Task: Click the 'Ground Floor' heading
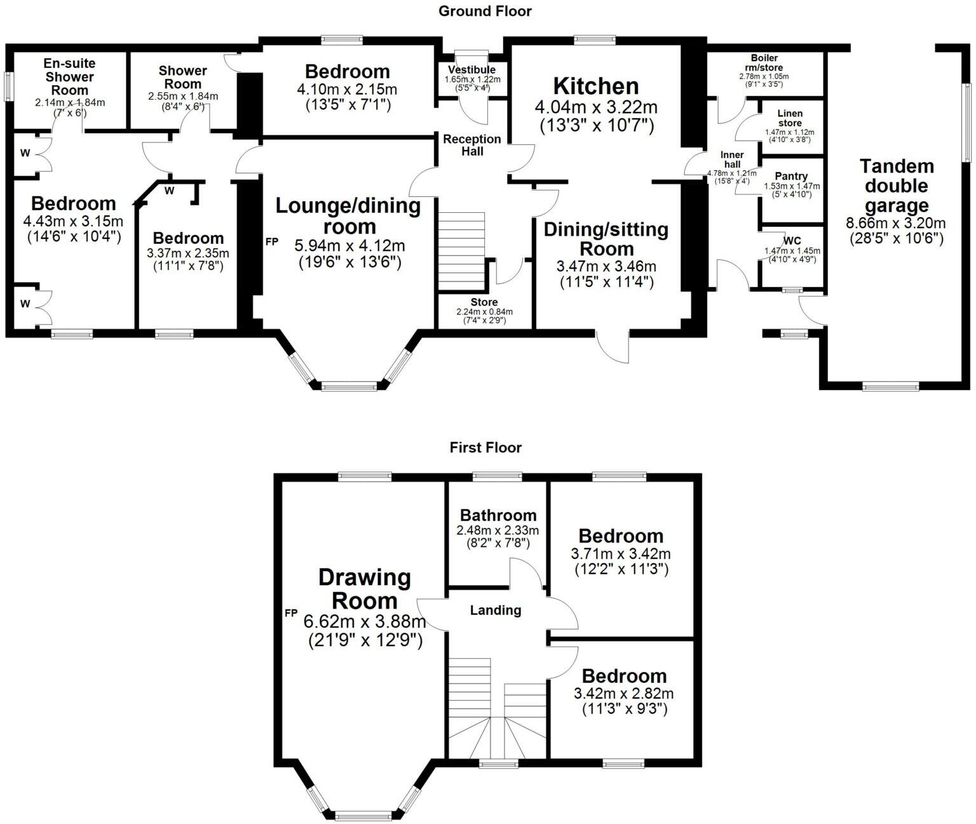pos(485,11)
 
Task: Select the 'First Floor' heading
pos(485,447)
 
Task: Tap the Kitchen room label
pos(596,86)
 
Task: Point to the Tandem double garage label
pos(897,186)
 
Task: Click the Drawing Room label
pos(365,588)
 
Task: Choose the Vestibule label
pos(471,70)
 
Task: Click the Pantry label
pos(791,176)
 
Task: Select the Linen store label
pos(790,118)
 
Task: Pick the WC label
pos(792,241)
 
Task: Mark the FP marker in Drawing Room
pos(291,613)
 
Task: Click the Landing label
pos(496,611)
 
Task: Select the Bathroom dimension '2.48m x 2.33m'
pos(498,530)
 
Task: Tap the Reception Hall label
pos(472,145)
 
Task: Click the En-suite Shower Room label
pos(70,76)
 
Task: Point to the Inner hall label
pos(732,159)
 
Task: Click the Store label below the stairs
pos(484,302)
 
